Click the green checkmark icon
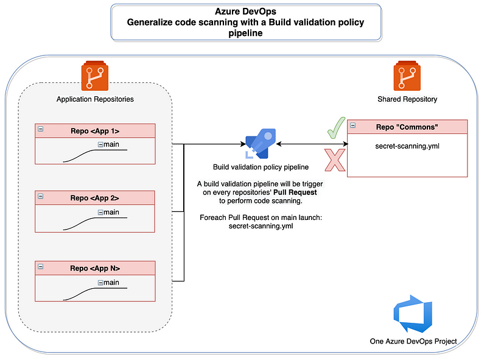click(335, 127)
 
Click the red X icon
click(334, 160)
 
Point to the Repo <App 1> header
click(95, 130)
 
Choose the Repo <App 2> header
click(95, 197)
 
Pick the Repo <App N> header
click(95, 268)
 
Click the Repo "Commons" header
click(407, 127)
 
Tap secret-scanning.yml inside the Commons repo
click(407, 146)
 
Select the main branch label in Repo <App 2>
click(111, 212)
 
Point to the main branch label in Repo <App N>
click(111, 282)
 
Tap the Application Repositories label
click(95, 99)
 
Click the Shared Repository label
click(407, 99)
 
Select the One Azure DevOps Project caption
click(413, 341)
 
